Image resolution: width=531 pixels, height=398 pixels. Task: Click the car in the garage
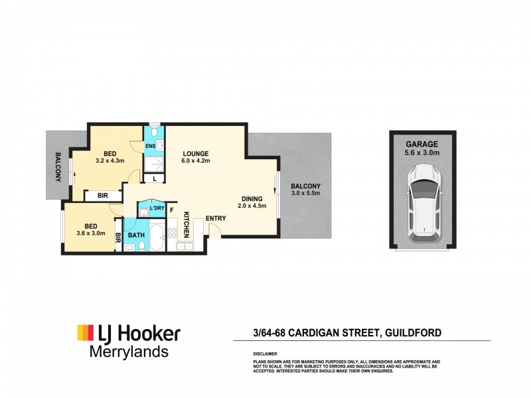(x=424, y=203)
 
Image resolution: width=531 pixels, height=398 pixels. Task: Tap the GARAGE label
(x=422, y=144)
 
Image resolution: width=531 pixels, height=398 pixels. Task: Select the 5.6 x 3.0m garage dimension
(x=422, y=153)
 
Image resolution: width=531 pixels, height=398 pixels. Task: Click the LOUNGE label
(x=196, y=154)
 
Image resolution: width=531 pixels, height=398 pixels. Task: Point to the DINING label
(x=252, y=198)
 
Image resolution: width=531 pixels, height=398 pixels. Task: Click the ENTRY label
(x=216, y=218)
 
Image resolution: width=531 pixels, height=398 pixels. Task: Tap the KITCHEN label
(x=187, y=225)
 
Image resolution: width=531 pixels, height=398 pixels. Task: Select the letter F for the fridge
(x=172, y=210)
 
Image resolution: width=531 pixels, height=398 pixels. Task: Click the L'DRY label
(x=157, y=208)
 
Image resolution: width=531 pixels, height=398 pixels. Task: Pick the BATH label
(x=136, y=235)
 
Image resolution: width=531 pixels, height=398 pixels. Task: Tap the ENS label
(x=150, y=146)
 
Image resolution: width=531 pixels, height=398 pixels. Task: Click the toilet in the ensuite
(x=155, y=130)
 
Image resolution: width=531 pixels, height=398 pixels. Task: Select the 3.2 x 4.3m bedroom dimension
(x=110, y=161)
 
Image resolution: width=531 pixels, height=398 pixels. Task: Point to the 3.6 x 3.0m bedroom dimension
(x=91, y=233)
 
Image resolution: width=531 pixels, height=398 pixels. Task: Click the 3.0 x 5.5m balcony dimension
(x=306, y=193)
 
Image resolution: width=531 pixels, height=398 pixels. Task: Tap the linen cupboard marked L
(x=155, y=178)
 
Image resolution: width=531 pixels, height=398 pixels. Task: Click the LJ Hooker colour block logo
(x=86, y=333)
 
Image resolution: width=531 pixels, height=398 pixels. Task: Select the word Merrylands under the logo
(x=129, y=352)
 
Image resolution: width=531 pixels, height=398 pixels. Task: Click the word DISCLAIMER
(x=265, y=354)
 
